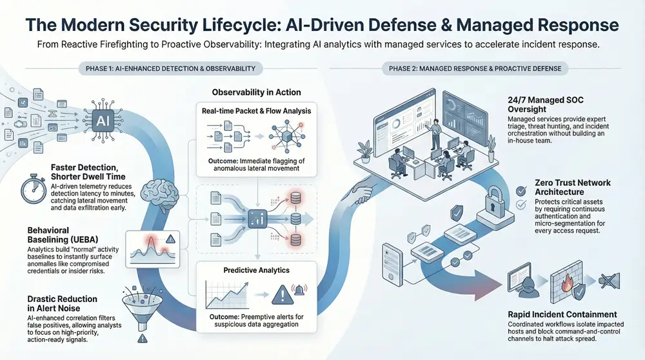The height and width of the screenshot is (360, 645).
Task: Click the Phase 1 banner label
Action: pos(170,68)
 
